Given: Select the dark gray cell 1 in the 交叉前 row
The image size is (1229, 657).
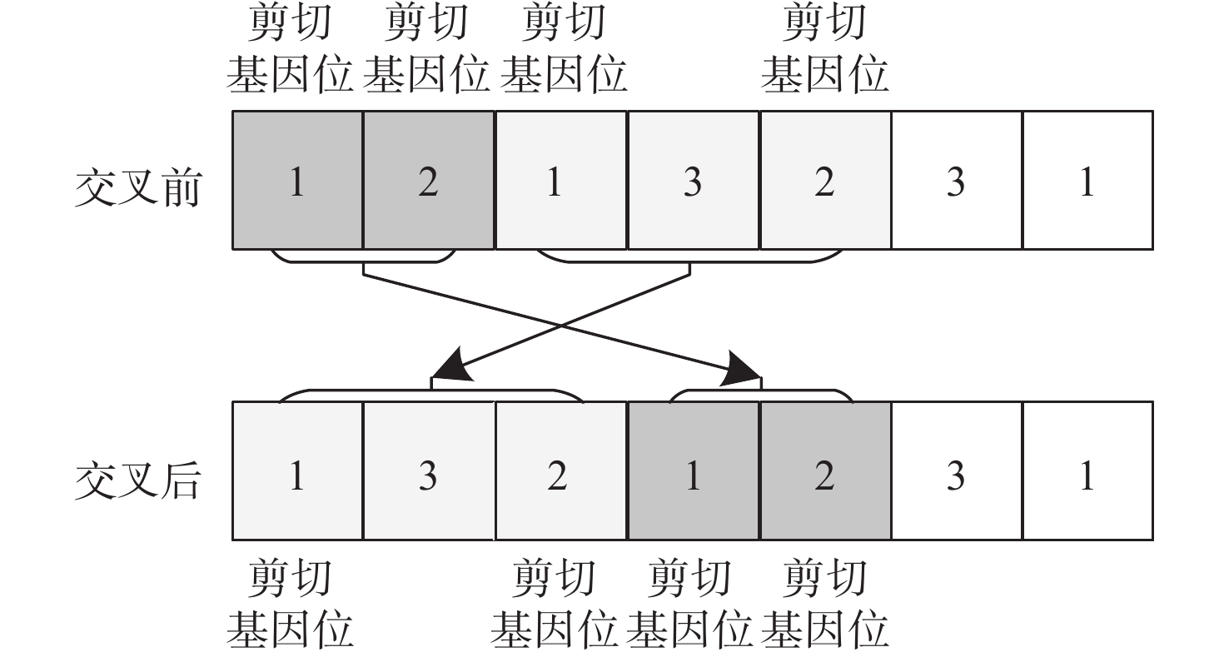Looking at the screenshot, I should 297,180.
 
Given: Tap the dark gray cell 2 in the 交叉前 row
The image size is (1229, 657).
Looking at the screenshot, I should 428,180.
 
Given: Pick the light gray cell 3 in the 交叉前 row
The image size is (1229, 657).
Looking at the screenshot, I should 692,180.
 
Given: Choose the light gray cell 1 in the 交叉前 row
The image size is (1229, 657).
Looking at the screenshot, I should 560,180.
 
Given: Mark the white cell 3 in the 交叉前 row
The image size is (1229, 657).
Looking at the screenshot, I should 956,180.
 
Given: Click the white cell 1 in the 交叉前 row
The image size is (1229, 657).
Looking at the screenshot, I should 1087,180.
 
